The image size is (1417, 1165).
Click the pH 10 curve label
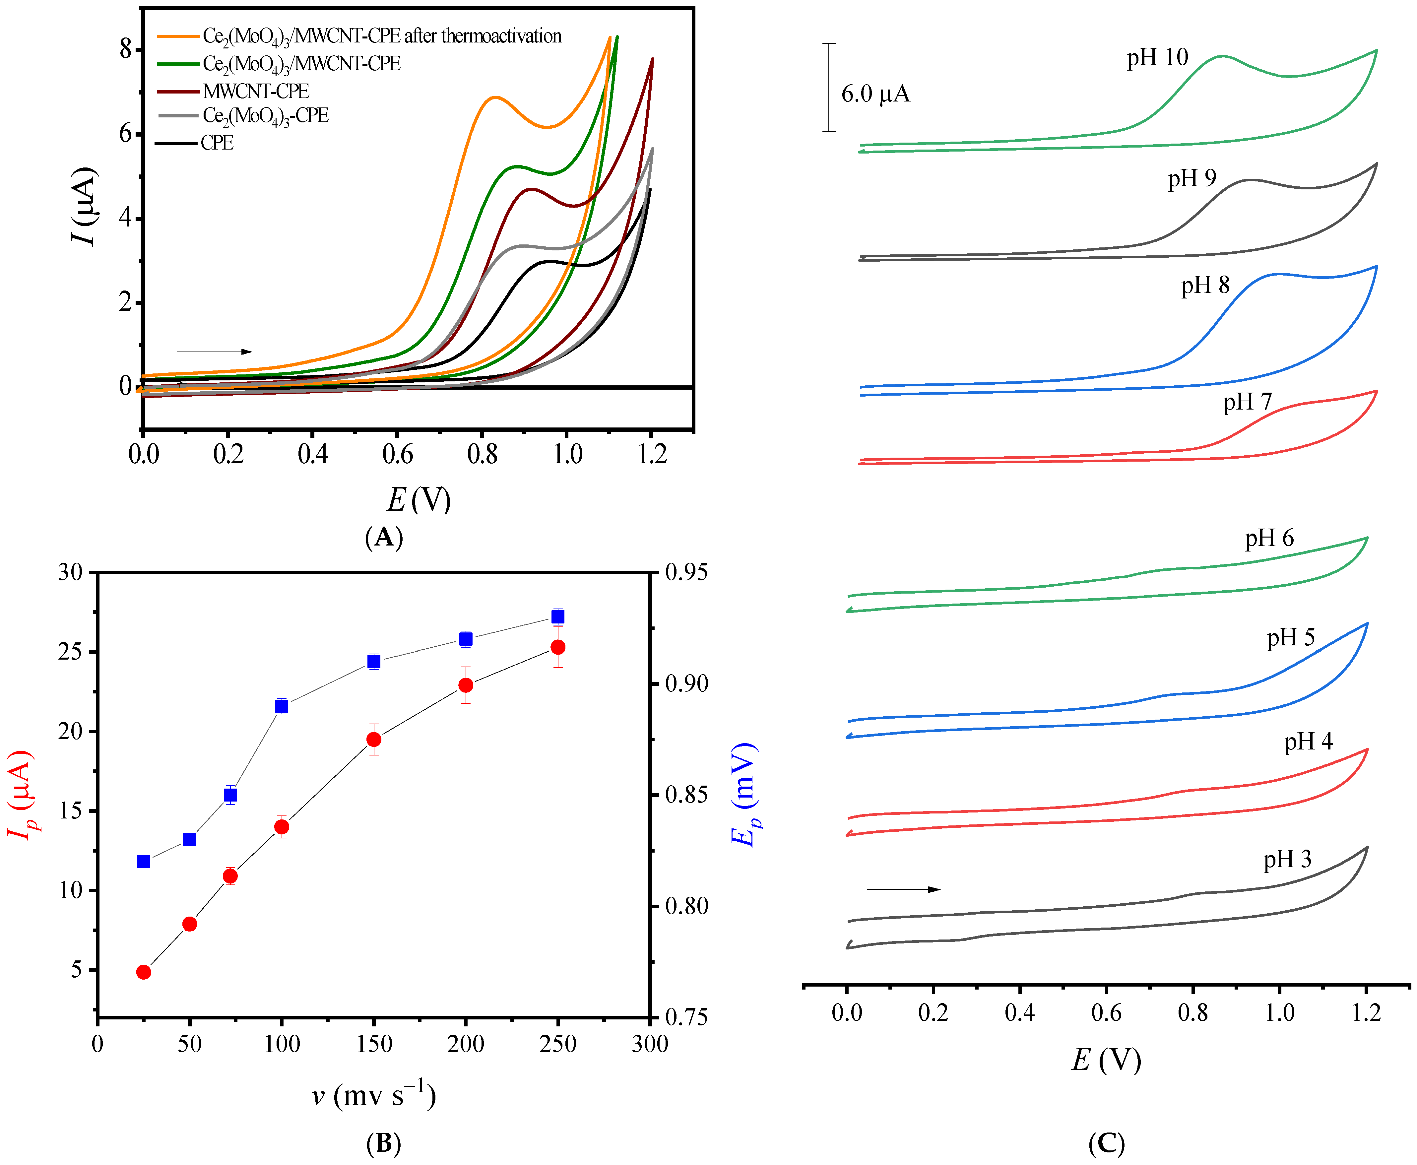pyautogui.click(x=1157, y=58)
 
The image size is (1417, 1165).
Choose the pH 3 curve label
pyautogui.click(x=1287, y=860)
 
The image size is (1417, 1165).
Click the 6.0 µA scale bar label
pyautogui.click(x=875, y=94)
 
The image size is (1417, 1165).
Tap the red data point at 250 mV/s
pyautogui.click(x=557, y=647)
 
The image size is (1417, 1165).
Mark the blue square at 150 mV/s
pyautogui.click(x=374, y=662)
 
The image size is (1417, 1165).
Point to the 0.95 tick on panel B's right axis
pyautogui.click(x=686, y=572)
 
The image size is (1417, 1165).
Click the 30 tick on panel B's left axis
pyautogui.click(x=70, y=572)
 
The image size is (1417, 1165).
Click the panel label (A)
pyautogui.click(x=384, y=538)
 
